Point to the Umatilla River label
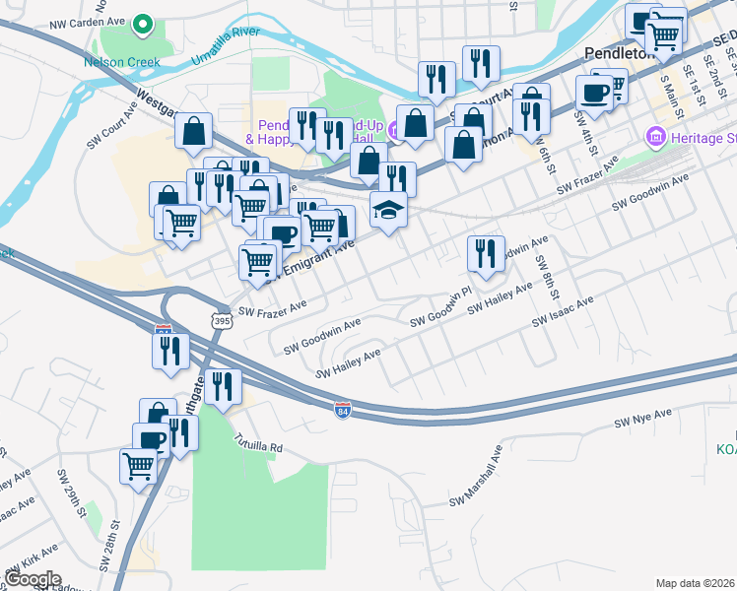[218, 46]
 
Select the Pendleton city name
[620, 53]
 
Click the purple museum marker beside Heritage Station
[655, 137]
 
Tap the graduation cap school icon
[388, 210]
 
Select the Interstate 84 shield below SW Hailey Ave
[342, 408]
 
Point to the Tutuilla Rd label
[258, 446]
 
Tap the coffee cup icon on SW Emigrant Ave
[281, 236]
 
